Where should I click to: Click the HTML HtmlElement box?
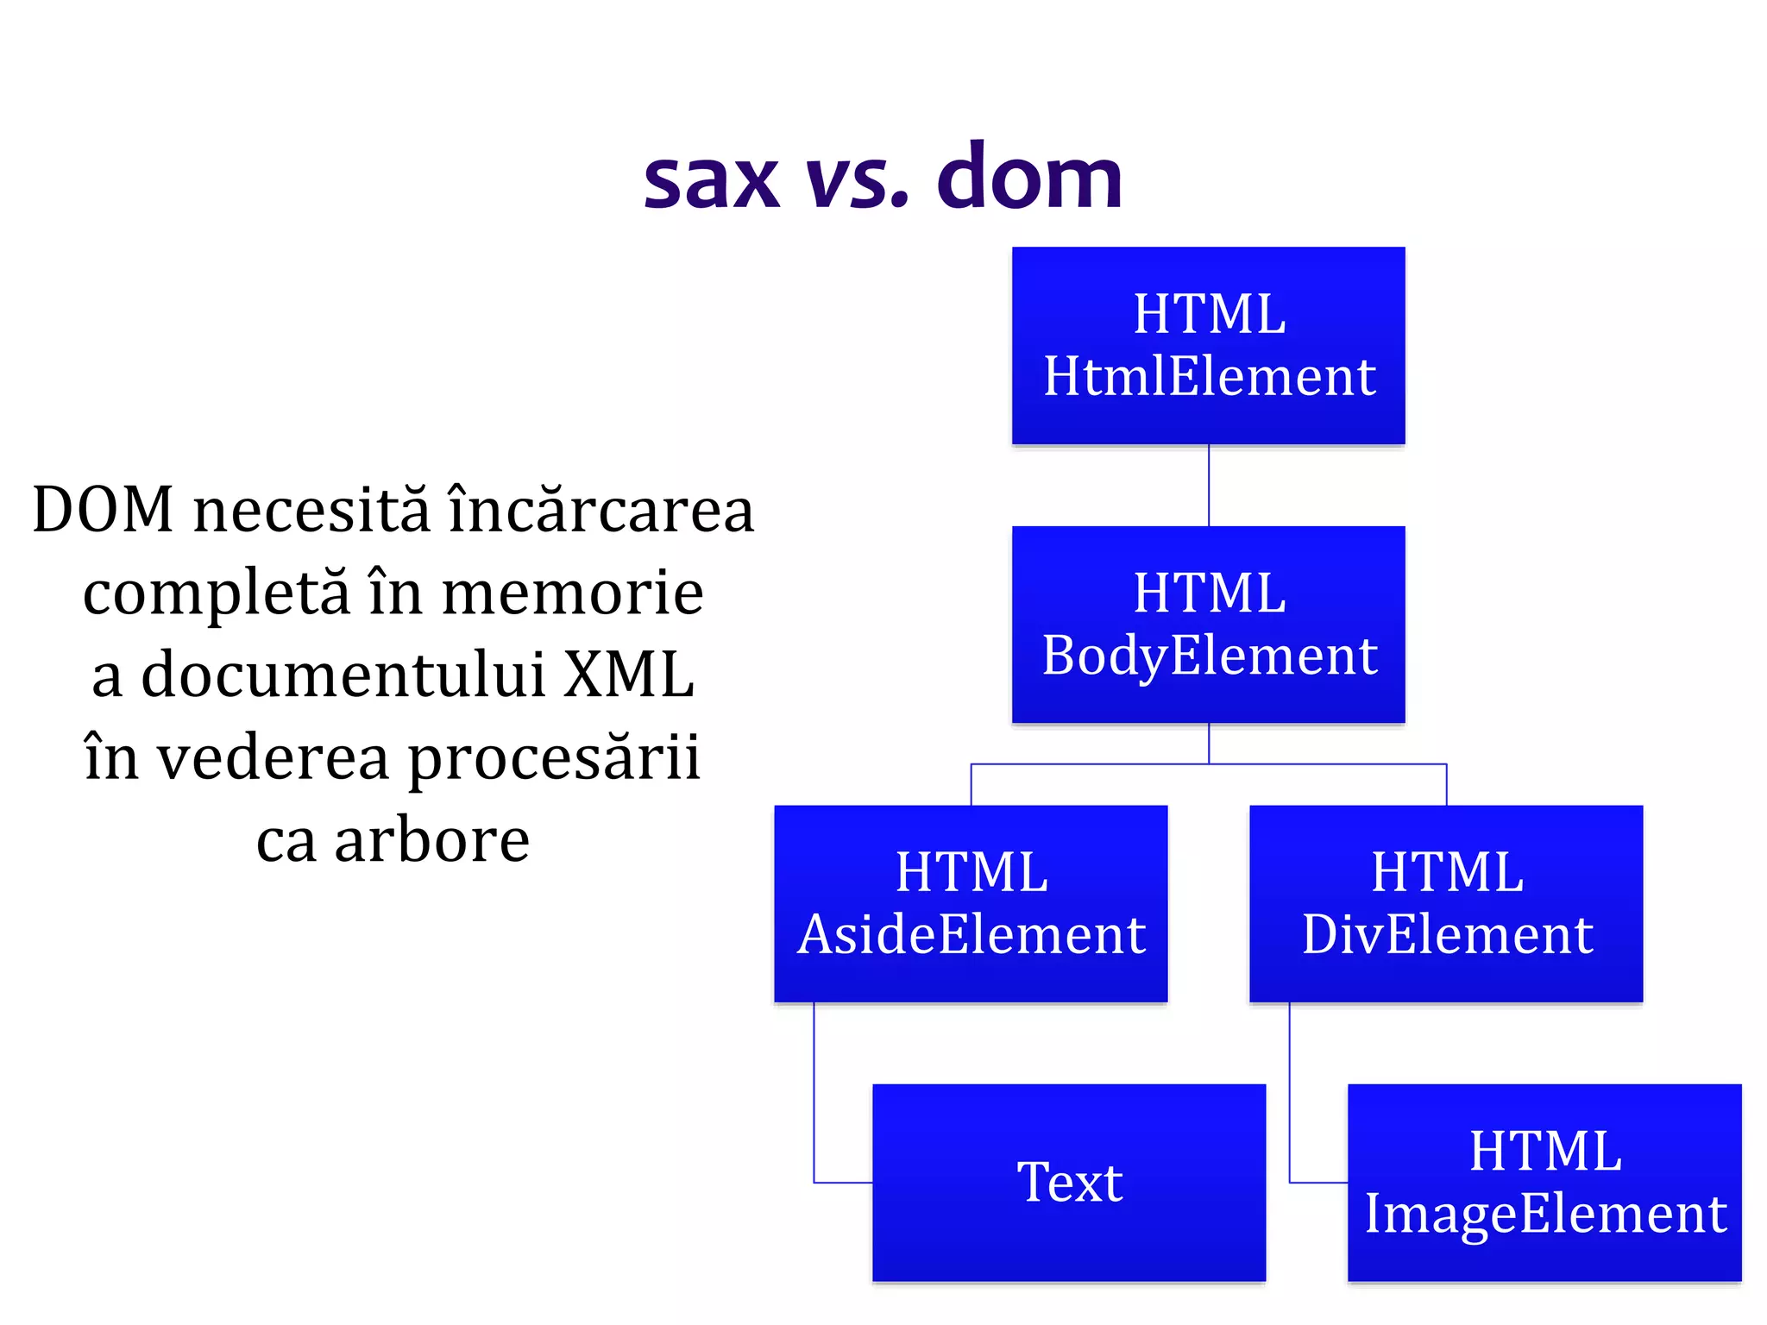[x=1208, y=345]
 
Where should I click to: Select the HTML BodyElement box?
[x=1208, y=624]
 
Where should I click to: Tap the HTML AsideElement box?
[x=971, y=903]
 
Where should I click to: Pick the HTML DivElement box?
[x=1446, y=903]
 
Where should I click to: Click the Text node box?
[x=1069, y=1182]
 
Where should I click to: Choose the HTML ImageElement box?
[x=1544, y=1182]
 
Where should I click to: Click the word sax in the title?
[x=712, y=179]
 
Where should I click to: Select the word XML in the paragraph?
[x=629, y=675]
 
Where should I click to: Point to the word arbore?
[x=431, y=840]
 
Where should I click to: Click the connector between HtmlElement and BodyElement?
[x=1209, y=485]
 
